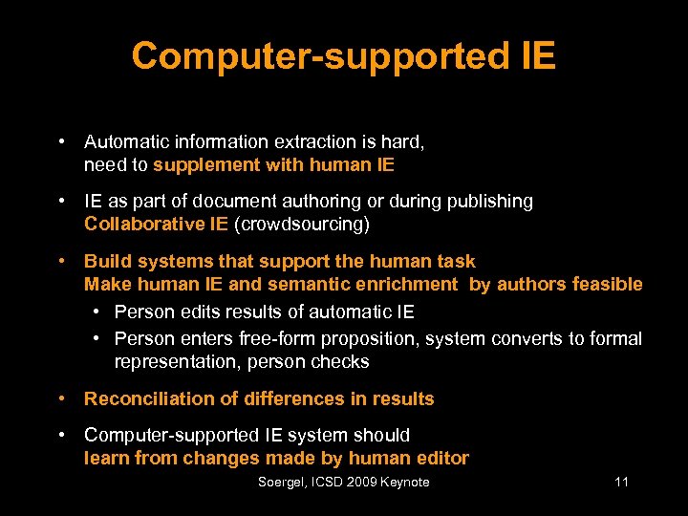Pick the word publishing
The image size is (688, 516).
(x=490, y=202)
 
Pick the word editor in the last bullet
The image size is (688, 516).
(x=441, y=458)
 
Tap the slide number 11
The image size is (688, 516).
(x=621, y=483)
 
